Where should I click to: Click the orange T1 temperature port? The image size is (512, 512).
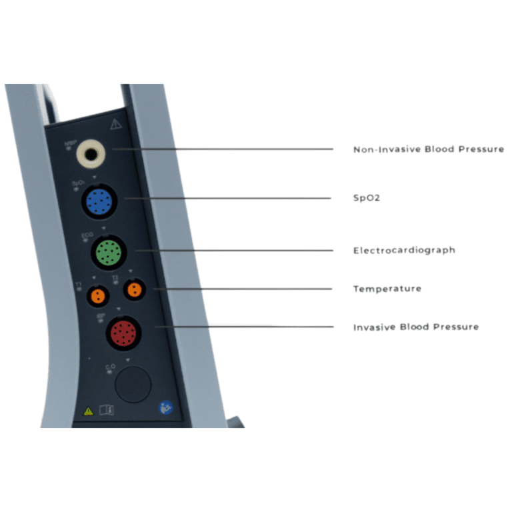coord(98,295)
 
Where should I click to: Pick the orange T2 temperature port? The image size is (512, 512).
coord(134,290)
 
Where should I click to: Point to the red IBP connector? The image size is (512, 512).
coord(123,331)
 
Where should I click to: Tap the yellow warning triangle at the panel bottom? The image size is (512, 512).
coord(88,411)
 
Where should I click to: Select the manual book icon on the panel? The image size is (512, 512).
coord(107,411)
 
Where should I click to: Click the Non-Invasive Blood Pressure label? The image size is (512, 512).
coord(428,149)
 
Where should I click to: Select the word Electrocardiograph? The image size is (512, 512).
coord(404,250)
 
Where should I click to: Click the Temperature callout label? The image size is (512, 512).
coord(387,289)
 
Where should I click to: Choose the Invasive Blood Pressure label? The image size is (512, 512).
coord(415,327)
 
